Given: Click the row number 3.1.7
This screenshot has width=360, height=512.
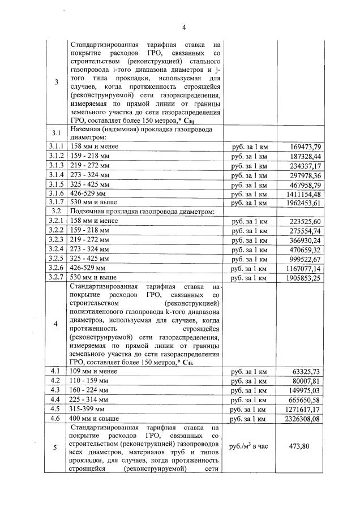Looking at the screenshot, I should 55,203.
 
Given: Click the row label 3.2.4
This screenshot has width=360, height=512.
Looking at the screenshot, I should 55,249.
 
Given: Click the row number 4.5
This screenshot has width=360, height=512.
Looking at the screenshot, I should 55,408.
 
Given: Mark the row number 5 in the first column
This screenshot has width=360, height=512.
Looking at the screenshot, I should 55,448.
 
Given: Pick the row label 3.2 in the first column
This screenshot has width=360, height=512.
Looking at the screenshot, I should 55,212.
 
